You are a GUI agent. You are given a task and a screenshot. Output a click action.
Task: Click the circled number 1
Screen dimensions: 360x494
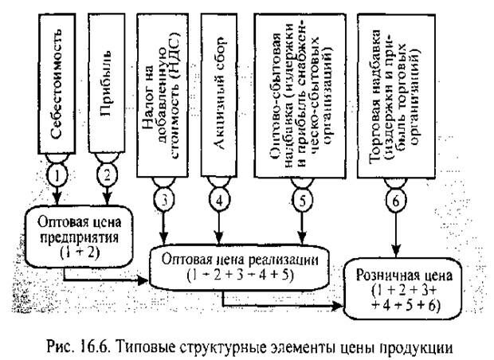point(61,171)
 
